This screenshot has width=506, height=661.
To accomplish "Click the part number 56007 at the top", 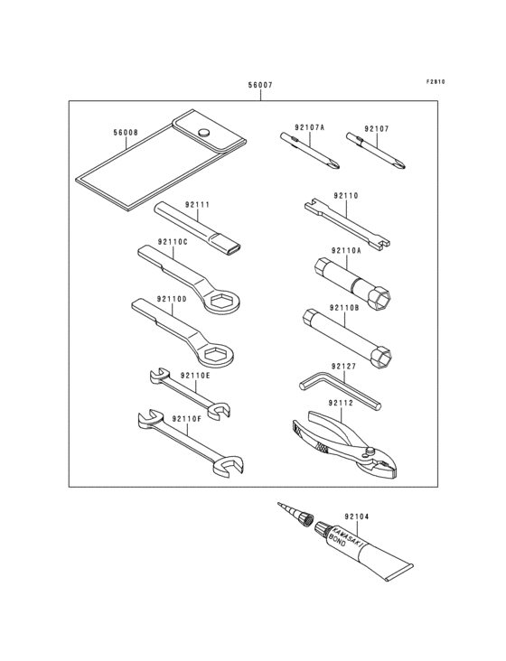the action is coord(260,85).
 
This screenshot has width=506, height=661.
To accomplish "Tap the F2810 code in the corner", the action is coord(436,82).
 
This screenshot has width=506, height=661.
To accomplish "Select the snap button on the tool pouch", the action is coord(203,132).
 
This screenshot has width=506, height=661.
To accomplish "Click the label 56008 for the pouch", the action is coord(126,133).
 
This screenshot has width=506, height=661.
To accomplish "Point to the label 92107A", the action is coord(310,127).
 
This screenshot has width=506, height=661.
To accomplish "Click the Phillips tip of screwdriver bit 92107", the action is coord(400,163).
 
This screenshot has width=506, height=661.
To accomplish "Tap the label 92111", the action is coord(197,205).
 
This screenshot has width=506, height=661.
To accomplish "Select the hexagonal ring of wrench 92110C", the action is coord(225,302).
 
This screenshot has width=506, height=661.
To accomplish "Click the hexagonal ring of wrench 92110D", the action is coord(216,355).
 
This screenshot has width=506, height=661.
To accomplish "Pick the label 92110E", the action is coord(195,375).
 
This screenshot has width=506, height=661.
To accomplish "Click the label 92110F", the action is coord(187,419).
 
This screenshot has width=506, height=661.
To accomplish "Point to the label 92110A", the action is coord(346,251).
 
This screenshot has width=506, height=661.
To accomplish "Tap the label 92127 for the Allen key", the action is coord(343,367).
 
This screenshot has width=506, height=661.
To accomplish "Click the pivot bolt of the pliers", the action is coord(370,452).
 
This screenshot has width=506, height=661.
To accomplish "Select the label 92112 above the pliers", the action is coord(341,403).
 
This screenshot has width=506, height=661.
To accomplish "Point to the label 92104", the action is coord(356,517).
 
